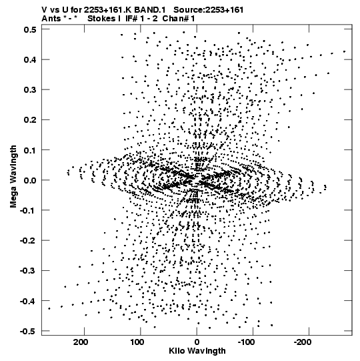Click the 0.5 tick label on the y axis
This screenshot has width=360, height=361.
click(x=30, y=29)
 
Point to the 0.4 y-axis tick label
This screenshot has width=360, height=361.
click(x=30, y=59)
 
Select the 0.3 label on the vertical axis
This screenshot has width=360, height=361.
click(x=30, y=90)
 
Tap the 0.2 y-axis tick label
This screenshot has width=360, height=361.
click(x=30, y=120)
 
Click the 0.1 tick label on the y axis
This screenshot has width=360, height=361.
click(x=30, y=150)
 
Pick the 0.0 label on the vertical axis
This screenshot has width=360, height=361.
click(x=30, y=180)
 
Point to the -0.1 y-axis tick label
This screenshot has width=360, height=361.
click(x=28, y=210)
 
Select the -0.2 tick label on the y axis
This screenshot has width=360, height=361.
click(x=28, y=241)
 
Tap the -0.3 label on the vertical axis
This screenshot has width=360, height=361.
click(x=28, y=271)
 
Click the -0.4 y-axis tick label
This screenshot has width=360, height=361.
click(x=28, y=301)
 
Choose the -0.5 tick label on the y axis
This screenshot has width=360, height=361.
click(x=28, y=331)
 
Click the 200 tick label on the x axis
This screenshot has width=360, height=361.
click(x=81, y=342)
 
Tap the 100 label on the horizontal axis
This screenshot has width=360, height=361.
click(x=137, y=342)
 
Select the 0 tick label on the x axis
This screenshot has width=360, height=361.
click(x=197, y=342)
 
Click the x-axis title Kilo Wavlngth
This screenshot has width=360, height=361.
click(x=197, y=351)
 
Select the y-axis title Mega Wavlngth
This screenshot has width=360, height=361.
click(x=13, y=177)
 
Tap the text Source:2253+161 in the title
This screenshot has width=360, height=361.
click(x=209, y=10)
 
